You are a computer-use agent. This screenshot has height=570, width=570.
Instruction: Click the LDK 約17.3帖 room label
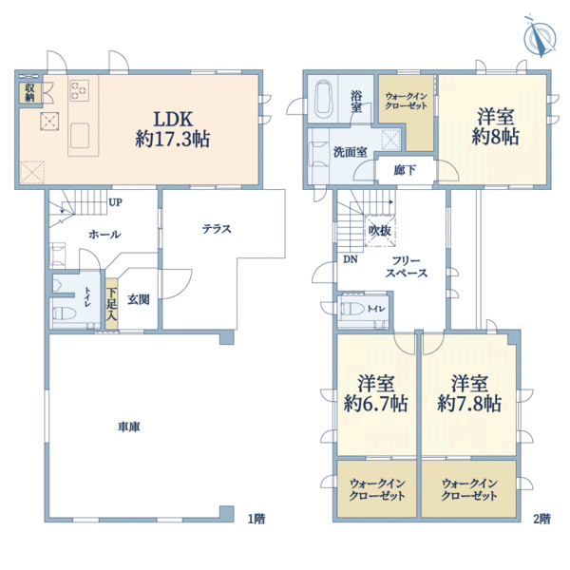[x=173, y=129]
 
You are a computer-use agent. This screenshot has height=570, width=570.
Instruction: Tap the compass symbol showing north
[x=540, y=37]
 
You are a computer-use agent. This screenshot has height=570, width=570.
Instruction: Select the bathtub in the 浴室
[x=324, y=99]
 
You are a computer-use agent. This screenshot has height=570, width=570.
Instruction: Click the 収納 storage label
[x=29, y=92]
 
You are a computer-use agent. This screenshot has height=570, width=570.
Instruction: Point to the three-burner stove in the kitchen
[x=80, y=90]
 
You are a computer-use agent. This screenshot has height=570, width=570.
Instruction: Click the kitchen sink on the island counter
[x=80, y=136]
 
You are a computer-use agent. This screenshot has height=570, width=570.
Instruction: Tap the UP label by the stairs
[x=115, y=202]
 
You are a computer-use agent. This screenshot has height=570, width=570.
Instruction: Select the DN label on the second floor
[x=351, y=259]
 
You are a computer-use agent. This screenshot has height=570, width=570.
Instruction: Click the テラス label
[x=217, y=229]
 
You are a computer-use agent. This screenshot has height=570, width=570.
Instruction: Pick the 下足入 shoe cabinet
[x=111, y=304]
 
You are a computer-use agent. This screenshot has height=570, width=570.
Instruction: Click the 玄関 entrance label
[x=139, y=299]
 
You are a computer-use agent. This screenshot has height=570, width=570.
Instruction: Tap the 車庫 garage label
[x=128, y=427]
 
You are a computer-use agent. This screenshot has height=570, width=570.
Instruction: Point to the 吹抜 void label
[x=380, y=231]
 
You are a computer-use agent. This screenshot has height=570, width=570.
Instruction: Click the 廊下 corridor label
[x=405, y=170]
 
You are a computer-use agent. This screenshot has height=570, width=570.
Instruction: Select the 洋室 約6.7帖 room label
[x=376, y=393]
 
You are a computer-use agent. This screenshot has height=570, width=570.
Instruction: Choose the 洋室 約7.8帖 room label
[x=469, y=393]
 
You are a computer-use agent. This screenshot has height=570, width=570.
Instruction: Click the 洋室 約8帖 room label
[x=496, y=126]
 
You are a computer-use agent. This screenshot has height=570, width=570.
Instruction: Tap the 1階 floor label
[x=256, y=519]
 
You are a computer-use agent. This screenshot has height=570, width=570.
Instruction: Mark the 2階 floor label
[x=542, y=519]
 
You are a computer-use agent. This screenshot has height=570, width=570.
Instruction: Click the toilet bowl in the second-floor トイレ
[x=351, y=309]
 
